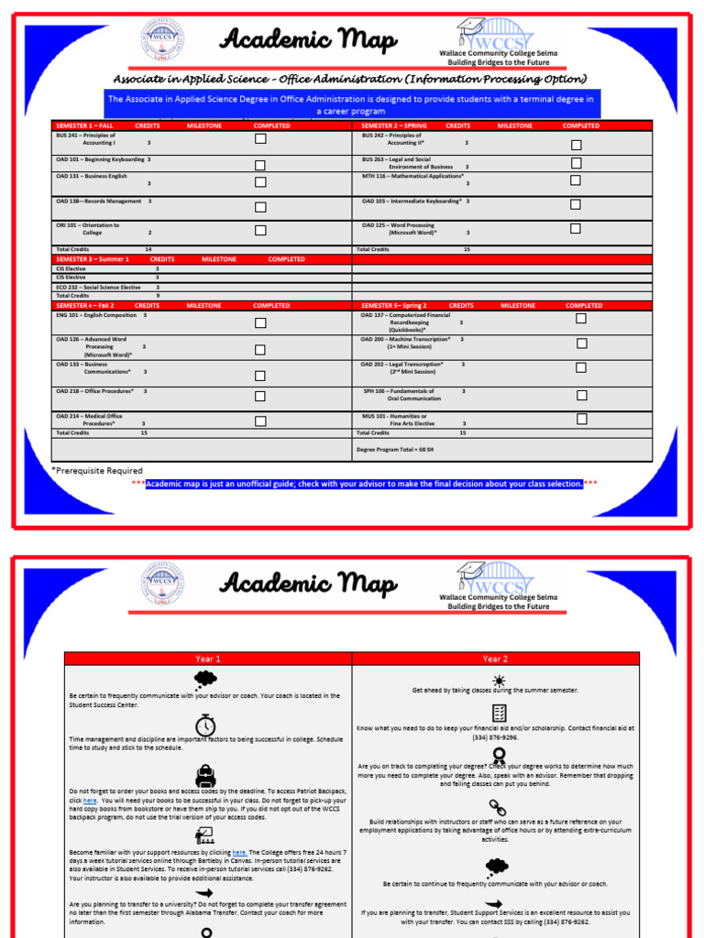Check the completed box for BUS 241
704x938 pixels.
click(x=260, y=138)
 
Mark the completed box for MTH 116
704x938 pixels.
click(x=576, y=181)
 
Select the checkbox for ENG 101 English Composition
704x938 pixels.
click(x=260, y=322)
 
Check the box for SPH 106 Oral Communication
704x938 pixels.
click(x=581, y=396)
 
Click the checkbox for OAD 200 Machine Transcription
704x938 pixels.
click(x=581, y=344)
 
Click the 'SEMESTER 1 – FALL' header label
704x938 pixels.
click(x=84, y=125)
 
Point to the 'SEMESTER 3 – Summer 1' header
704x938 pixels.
click(x=93, y=259)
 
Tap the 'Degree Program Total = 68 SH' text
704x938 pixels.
click(x=393, y=450)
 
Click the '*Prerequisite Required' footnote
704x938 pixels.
click(x=97, y=471)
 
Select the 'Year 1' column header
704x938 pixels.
click(x=207, y=659)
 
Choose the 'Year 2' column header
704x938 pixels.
click(x=495, y=659)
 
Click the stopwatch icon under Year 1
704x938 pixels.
click(x=205, y=725)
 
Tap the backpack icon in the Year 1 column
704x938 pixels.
click(x=205, y=775)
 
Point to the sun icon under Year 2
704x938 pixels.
click(x=498, y=681)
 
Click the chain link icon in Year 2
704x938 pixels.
click(x=498, y=807)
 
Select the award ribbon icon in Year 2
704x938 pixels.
click(x=499, y=756)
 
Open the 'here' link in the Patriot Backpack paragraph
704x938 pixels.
click(x=90, y=801)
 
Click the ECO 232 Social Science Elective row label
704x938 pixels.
click(x=98, y=287)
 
